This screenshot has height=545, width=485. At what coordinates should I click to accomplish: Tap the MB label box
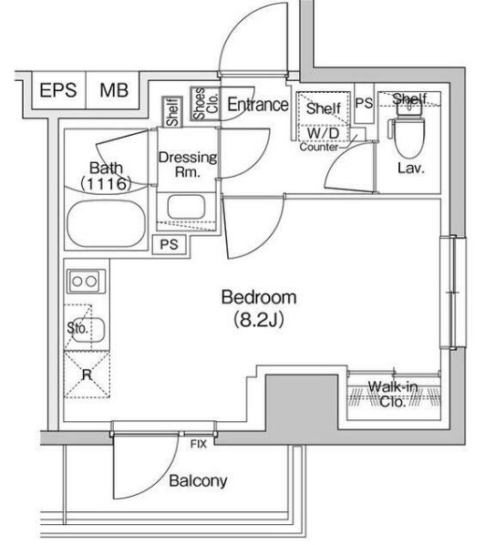coord(113,90)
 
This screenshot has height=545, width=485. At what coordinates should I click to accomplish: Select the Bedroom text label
coord(260,297)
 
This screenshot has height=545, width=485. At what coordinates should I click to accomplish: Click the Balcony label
coord(198,481)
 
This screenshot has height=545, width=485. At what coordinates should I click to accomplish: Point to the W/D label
coord(320,132)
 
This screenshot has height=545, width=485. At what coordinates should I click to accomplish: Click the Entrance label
coord(257,105)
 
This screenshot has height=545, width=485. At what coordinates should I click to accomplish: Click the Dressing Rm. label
coord(187,164)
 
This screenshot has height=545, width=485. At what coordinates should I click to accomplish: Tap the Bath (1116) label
coord(106,175)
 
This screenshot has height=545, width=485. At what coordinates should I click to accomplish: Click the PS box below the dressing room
coord(169,244)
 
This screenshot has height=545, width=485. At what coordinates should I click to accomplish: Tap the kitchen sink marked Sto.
coord(88,328)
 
